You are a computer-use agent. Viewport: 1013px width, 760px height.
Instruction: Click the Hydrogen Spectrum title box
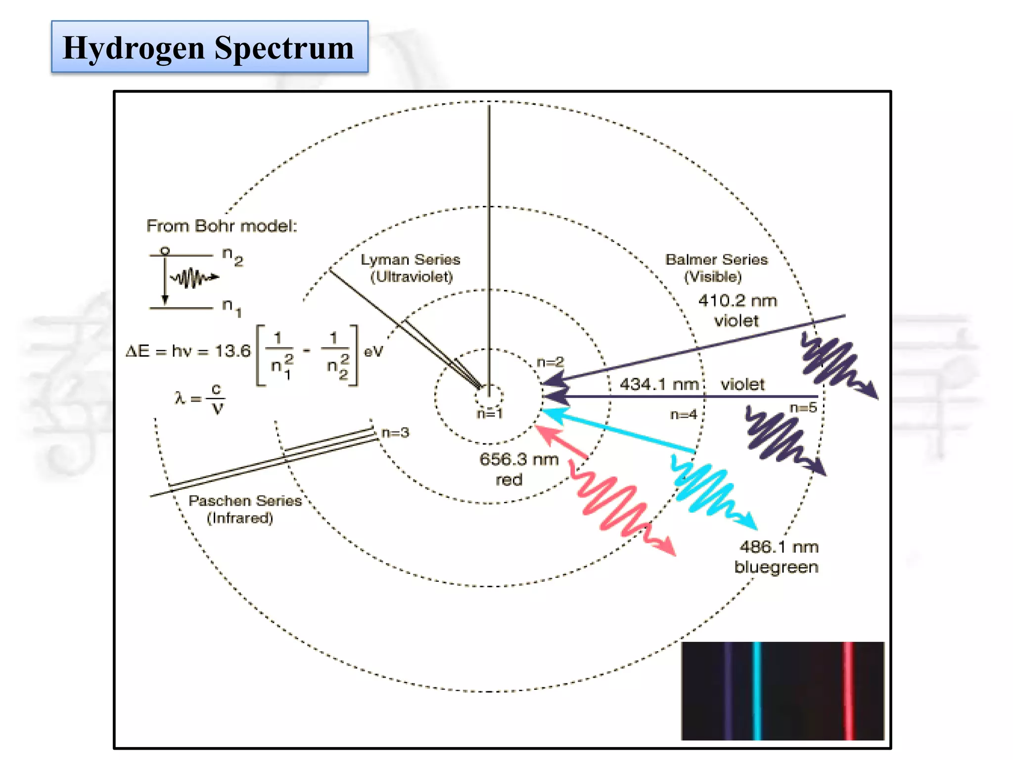click(209, 47)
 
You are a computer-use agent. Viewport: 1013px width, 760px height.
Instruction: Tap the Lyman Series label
click(410, 260)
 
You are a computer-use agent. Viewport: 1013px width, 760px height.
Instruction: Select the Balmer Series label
click(716, 260)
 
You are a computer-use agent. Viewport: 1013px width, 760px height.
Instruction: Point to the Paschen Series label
click(245, 501)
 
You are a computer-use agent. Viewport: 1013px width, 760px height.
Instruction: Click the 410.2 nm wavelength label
click(737, 301)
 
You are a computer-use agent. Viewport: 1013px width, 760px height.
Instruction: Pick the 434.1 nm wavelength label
click(659, 384)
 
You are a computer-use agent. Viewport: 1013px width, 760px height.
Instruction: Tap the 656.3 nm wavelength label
click(519, 460)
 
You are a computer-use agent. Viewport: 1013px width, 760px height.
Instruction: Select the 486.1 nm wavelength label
click(779, 547)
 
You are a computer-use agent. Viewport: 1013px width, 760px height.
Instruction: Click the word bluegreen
click(776, 567)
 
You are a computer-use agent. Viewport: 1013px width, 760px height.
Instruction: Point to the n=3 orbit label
click(396, 433)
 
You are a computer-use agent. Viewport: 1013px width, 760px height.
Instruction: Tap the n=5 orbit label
click(803, 408)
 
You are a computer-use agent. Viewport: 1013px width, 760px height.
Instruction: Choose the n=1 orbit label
click(490, 414)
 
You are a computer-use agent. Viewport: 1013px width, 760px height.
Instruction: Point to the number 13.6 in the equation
click(233, 351)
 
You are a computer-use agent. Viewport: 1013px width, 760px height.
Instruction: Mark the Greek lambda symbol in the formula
click(179, 398)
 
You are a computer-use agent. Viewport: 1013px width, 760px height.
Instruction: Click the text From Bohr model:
click(222, 226)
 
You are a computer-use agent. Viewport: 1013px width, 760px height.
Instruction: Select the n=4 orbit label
click(683, 415)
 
